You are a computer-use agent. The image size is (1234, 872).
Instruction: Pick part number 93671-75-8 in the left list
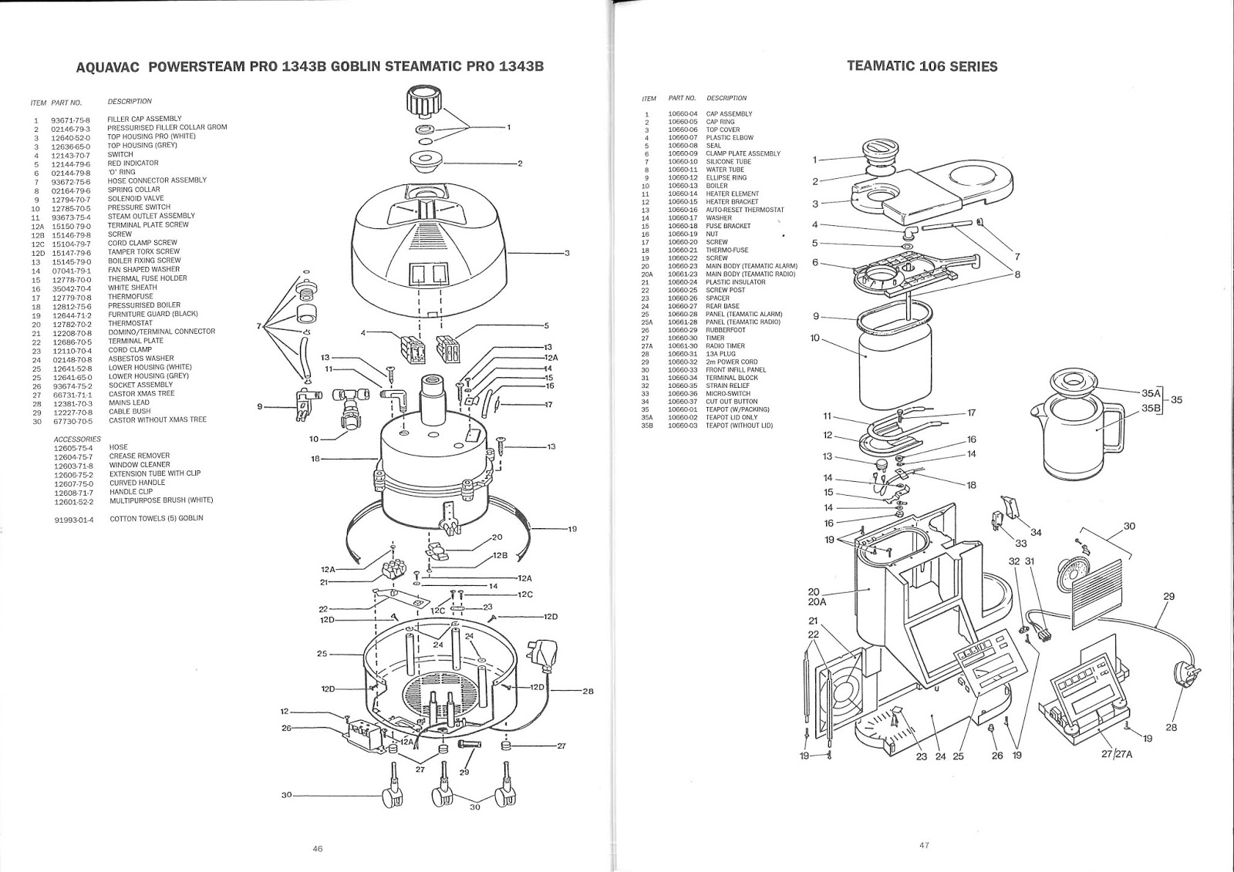click(71, 120)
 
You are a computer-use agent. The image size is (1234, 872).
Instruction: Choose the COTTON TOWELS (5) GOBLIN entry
click(156, 519)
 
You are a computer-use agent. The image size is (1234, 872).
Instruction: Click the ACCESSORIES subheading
click(77, 439)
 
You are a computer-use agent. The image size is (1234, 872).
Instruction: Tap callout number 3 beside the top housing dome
click(567, 253)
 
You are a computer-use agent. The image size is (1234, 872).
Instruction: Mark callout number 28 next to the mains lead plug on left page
click(588, 692)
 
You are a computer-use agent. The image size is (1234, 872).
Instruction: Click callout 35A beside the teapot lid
click(1150, 392)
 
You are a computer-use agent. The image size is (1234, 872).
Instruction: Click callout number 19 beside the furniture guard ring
click(572, 529)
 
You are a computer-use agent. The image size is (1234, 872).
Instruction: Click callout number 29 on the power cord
click(1168, 596)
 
